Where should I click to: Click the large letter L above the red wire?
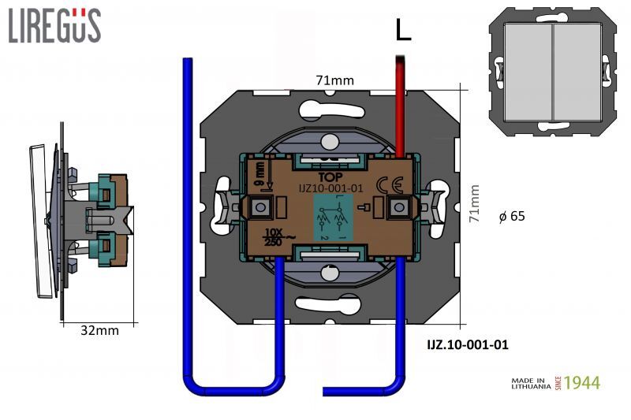click(x=403, y=29)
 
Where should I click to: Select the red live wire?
click(x=401, y=102)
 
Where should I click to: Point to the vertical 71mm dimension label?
click(x=475, y=205)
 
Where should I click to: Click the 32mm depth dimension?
click(x=100, y=330)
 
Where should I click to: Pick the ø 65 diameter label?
click(x=512, y=216)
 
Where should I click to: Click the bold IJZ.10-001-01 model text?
click(x=467, y=344)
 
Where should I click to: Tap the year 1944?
click(x=582, y=383)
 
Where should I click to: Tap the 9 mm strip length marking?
click(x=259, y=175)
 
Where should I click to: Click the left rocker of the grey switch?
click(x=525, y=72)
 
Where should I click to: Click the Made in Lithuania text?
click(x=528, y=384)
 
